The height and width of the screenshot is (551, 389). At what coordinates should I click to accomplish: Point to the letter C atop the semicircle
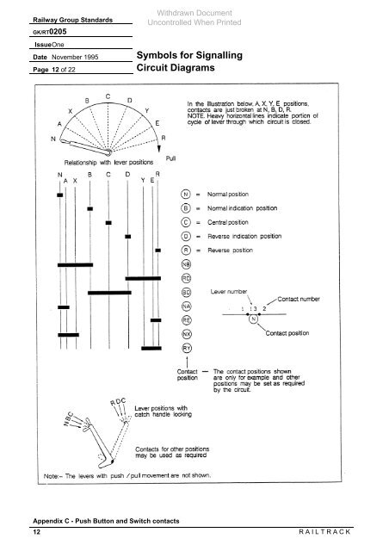106,96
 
